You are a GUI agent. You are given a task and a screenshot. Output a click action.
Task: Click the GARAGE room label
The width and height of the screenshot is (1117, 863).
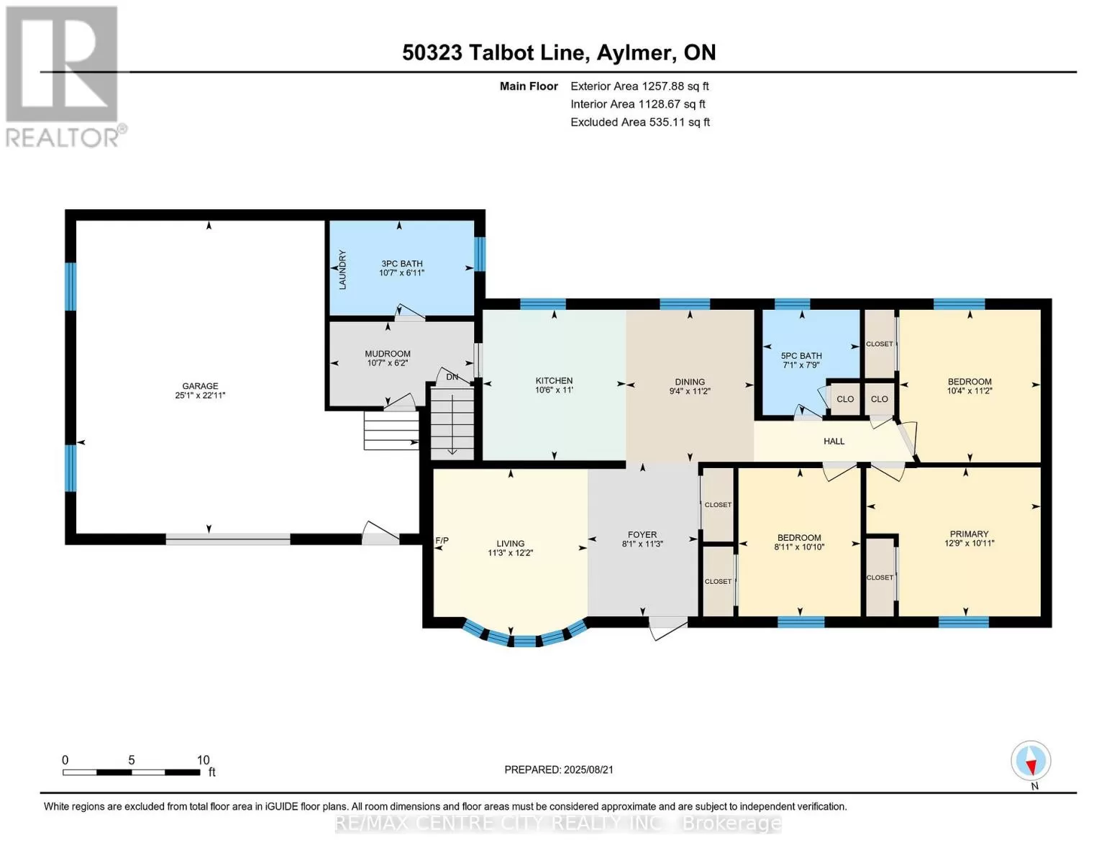point(200,386)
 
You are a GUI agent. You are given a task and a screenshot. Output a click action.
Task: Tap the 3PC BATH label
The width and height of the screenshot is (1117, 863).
point(401,264)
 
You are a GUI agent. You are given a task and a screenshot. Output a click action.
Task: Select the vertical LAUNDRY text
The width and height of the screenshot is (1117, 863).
point(342,270)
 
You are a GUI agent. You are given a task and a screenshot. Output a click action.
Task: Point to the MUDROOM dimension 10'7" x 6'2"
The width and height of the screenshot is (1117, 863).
point(387,363)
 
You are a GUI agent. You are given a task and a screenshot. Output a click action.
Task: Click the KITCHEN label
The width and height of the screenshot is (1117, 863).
point(554,381)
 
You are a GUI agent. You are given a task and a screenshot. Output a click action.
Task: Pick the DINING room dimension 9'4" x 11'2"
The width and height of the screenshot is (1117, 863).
point(689,391)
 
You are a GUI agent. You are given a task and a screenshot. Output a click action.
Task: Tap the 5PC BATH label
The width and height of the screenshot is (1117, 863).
point(801,356)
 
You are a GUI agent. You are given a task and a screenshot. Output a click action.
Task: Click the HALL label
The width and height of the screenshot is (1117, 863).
point(833,441)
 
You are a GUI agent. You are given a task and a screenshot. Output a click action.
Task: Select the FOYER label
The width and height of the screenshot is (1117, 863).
point(642,534)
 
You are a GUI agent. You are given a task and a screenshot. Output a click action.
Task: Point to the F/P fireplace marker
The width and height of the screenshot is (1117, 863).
point(442,540)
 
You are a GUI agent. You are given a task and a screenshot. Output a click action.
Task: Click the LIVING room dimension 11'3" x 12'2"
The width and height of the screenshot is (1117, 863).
point(510,553)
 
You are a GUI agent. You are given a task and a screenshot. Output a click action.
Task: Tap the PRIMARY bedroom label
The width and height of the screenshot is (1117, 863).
point(968,534)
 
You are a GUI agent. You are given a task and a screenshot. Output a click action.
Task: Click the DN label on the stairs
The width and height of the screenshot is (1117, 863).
point(452,377)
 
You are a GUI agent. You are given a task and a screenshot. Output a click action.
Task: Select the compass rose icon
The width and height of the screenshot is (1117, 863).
point(1030,761)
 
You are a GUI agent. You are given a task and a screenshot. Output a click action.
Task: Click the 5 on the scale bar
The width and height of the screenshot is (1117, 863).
point(132,760)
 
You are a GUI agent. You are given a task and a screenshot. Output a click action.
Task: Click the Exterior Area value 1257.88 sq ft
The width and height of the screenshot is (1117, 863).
point(675,86)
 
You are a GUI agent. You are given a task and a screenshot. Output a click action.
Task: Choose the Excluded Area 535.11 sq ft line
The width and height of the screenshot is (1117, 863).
point(640,122)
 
